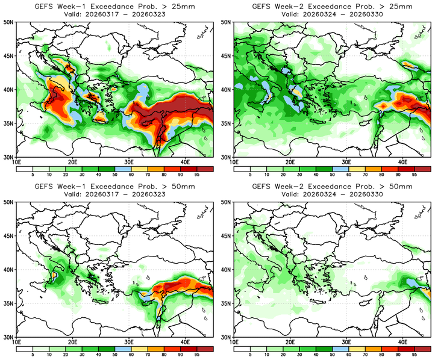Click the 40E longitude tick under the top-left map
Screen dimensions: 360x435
tap(185, 162)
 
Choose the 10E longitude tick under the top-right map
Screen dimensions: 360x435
tap(235, 162)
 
